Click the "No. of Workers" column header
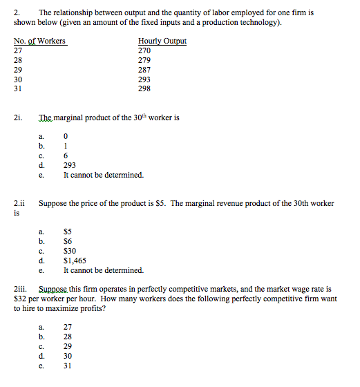39,41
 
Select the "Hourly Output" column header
162,41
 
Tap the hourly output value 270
144,50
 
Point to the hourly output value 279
144,60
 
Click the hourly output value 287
144,70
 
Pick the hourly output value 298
144,89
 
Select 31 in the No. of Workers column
19,89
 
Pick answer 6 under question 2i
66,156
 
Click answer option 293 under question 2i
69,166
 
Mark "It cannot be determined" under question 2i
103,176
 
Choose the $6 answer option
68,242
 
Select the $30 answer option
70,252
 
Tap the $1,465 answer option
75,261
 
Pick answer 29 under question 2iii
68,346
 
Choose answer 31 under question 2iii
68,366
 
